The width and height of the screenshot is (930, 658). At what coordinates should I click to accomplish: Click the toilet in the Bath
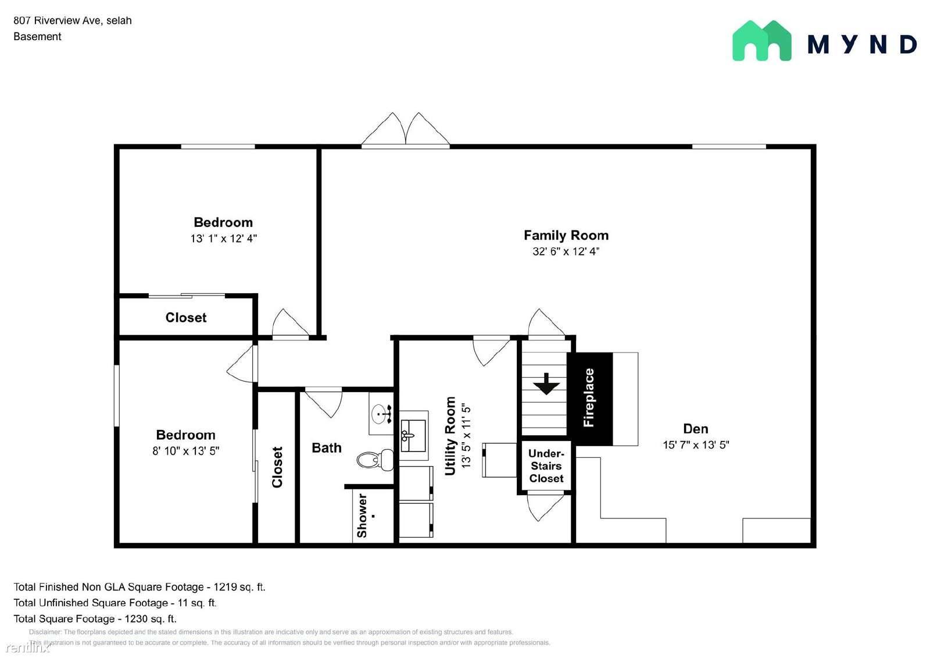(x=375, y=460)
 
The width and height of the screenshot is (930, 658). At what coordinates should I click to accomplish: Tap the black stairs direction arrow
(x=546, y=383)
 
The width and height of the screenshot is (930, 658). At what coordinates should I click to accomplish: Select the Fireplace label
(x=589, y=398)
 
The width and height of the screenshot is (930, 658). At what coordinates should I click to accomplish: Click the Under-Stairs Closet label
(x=546, y=466)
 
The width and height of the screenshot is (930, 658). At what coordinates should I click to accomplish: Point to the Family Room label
(x=566, y=235)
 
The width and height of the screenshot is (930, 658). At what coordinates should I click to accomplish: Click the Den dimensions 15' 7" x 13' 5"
(x=696, y=444)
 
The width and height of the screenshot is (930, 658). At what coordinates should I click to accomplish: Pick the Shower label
(x=362, y=516)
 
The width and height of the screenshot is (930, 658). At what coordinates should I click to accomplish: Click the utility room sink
(x=413, y=436)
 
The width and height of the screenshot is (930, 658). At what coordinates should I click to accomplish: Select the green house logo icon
(x=762, y=41)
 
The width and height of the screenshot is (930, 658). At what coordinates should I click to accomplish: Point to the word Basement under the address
(x=37, y=37)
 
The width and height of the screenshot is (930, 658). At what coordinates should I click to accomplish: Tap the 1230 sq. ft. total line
(x=95, y=619)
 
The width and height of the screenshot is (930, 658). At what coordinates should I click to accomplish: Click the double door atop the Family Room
(x=405, y=130)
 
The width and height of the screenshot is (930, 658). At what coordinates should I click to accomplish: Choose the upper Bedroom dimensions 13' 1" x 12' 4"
(x=223, y=239)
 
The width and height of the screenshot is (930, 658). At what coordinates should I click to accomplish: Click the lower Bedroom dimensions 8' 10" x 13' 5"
(x=185, y=451)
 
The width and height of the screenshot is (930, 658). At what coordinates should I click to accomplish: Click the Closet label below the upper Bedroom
(x=185, y=318)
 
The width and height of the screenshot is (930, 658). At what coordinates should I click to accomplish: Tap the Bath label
(x=326, y=447)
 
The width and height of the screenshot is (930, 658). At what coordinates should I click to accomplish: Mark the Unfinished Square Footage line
(x=115, y=603)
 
